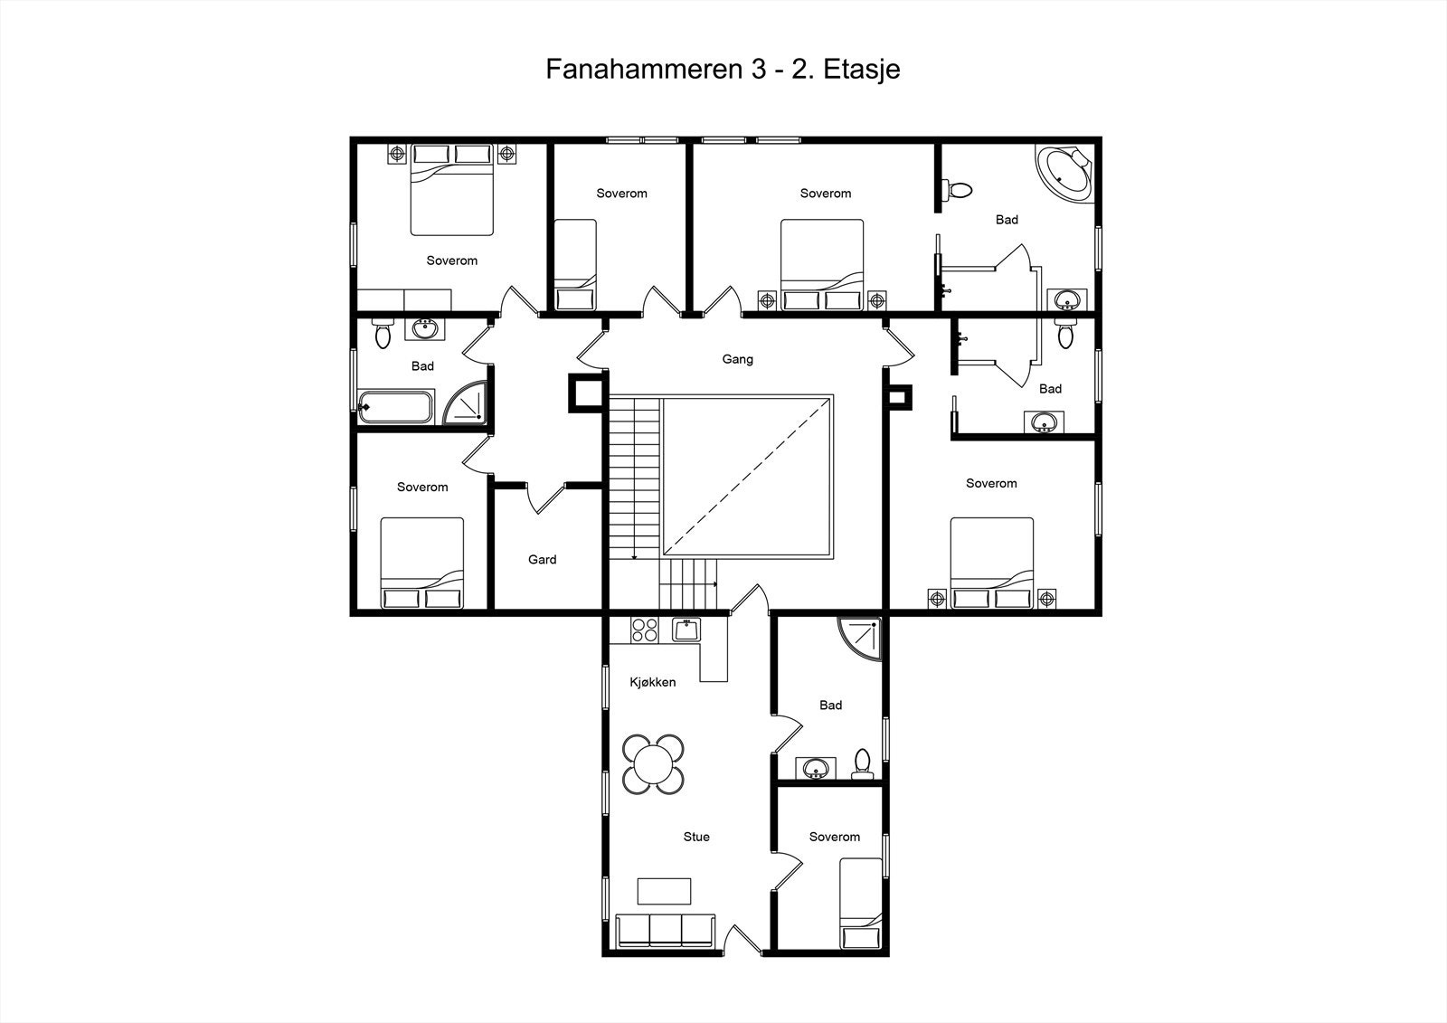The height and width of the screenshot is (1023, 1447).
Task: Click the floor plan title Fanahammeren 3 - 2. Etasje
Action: (x=723, y=69)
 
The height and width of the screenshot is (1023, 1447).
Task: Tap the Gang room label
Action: (x=738, y=359)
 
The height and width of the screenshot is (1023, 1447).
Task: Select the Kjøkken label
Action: (x=652, y=682)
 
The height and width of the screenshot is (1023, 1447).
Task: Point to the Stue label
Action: (x=696, y=837)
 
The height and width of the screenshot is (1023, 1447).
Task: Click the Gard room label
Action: (x=542, y=560)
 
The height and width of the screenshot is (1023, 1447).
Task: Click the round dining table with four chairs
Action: (x=653, y=764)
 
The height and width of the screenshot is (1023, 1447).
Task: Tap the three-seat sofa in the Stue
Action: (x=666, y=932)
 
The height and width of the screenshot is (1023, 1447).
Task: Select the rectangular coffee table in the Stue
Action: (x=664, y=891)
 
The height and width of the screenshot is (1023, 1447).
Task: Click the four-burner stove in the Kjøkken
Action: (x=644, y=630)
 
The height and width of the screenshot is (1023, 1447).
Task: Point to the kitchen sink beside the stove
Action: (x=686, y=630)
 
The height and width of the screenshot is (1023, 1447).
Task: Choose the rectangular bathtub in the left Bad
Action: (x=395, y=407)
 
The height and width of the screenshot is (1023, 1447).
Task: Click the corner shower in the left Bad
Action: (x=465, y=403)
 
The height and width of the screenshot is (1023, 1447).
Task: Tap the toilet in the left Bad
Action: (x=383, y=332)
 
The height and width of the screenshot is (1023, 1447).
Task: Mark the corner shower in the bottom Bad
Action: (x=860, y=639)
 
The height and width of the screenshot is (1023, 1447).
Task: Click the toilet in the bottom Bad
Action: (x=863, y=764)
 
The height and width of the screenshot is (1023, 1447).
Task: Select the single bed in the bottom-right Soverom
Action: (x=860, y=903)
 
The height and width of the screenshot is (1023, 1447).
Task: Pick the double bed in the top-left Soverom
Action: (x=452, y=190)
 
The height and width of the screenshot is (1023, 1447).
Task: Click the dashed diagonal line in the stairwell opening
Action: (x=747, y=477)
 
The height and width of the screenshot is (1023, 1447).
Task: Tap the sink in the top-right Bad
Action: (x=1066, y=300)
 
